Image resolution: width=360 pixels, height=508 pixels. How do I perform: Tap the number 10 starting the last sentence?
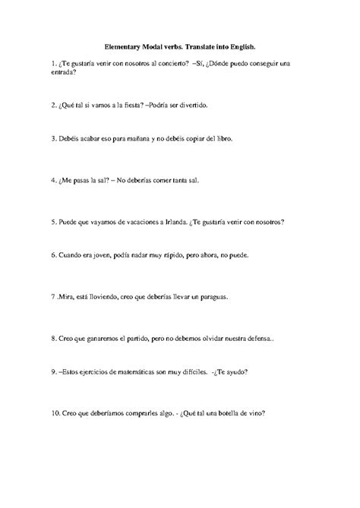coord(53,414)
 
